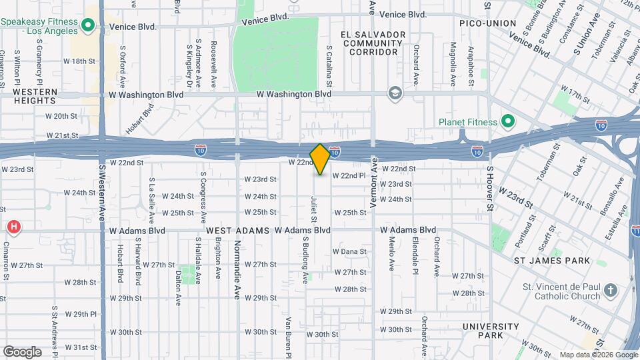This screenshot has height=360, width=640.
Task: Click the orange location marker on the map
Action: click(x=320, y=159)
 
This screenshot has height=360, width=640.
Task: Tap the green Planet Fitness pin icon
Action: click(x=507, y=121)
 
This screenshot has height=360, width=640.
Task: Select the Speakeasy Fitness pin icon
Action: click(x=88, y=27)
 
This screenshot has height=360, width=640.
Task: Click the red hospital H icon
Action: click(x=13, y=228)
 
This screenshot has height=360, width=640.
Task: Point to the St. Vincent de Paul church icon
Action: click(x=612, y=291)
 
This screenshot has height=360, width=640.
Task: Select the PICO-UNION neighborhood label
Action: click(x=487, y=23)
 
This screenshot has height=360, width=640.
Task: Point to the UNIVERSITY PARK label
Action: click(x=491, y=331)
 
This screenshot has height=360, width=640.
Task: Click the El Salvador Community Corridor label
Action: click(x=372, y=43)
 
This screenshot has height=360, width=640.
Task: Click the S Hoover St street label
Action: click(x=489, y=189)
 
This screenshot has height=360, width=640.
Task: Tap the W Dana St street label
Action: click(x=350, y=251)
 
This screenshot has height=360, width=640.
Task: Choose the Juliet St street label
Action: click(x=313, y=209)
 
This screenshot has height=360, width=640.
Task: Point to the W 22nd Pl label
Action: click(x=349, y=175)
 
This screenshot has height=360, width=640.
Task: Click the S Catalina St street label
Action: click(x=329, y=67)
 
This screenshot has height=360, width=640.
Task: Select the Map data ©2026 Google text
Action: click(x=598, y=355)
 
